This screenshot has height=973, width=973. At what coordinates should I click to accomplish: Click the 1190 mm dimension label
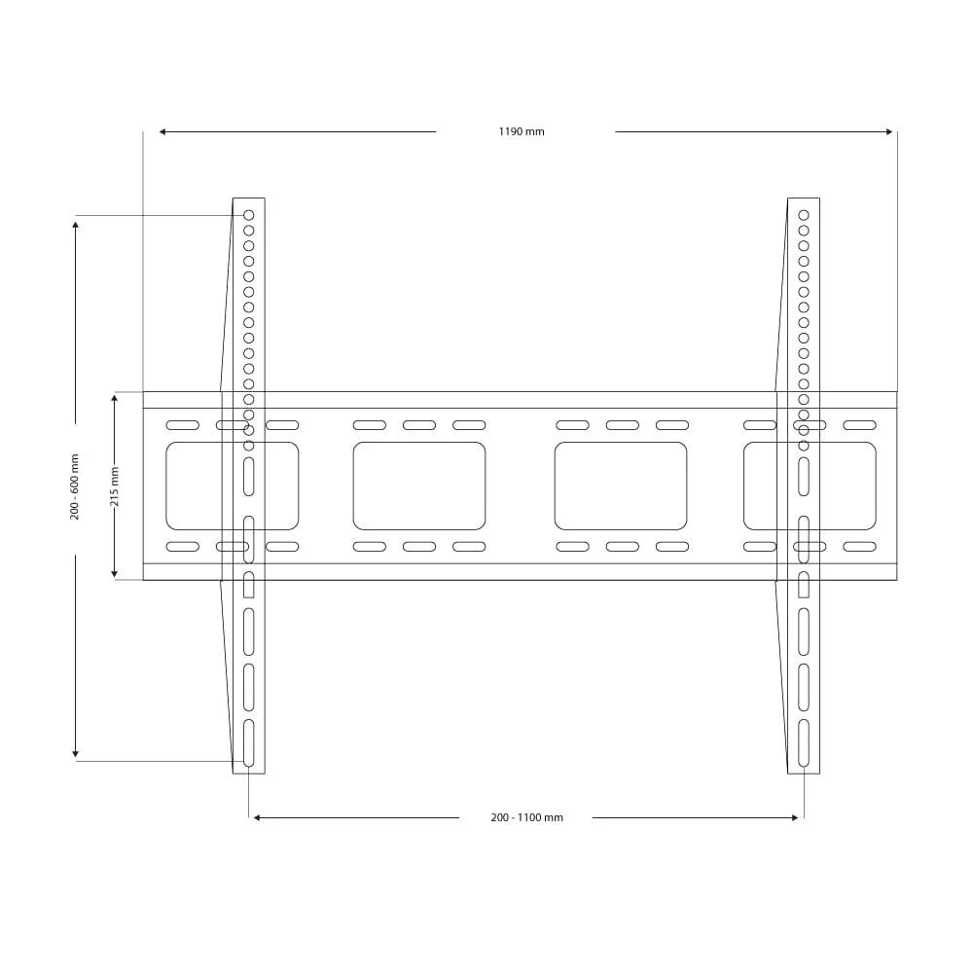pyautogui.click(x=522, y=132)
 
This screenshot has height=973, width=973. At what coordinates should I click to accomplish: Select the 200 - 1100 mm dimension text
pyautogui.click(x=526, y=818)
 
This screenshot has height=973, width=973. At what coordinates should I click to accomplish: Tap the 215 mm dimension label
pyautogui.click(x=115, y=486)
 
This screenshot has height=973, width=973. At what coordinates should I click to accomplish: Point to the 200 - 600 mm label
pyautogui.click(x=75, y=486)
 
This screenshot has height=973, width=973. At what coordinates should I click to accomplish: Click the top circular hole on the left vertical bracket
pyautogui.click(x=248, y=215)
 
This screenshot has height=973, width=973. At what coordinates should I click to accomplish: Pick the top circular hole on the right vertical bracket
pyautogui.click(x=804, y=215)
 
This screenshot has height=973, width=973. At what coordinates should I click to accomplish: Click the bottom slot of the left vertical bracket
pyautogui.click(x=248, y=742)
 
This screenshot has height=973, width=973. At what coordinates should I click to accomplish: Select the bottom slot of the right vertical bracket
pyautogui.click(x=804, y=742)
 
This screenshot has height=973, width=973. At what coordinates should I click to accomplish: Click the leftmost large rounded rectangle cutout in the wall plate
pyautogui.click(x=232, y=486)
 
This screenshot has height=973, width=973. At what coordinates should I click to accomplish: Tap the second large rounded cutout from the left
pyautogui.click(x=419, y=486)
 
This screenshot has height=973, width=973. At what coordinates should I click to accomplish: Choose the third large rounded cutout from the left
pyautogui.click(x=621, y=486)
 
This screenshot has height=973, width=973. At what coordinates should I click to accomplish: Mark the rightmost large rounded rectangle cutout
pyautogui.click(x=810, y=486)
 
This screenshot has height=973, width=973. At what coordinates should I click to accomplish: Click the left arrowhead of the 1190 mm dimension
pyautogui.click(x=163, y=131)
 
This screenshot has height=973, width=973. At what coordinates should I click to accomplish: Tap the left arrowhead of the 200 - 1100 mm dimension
pyautogui.click(x=258, y=818)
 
